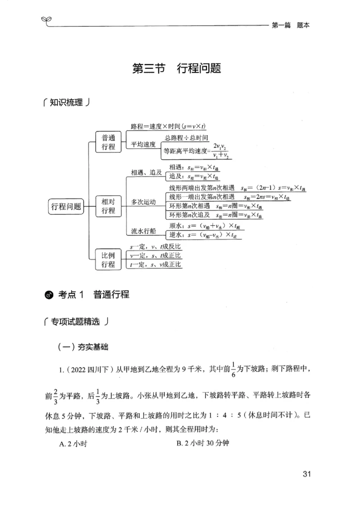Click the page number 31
(x=307, y=473)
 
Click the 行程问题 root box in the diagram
(x=66, y=207)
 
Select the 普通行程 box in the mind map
(x=108, y=142)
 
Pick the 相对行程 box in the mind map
(x=108, y=207)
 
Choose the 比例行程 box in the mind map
(x=108, y=259)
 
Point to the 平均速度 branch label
(x=143, y=145)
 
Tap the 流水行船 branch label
(x=143, y=231)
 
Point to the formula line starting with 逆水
(x=206, y=235)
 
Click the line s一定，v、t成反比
(x=155, y=247)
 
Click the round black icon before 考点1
(x=49, y=295)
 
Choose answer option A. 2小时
(x=73, y=444)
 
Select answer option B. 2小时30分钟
(x=203, y=444)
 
